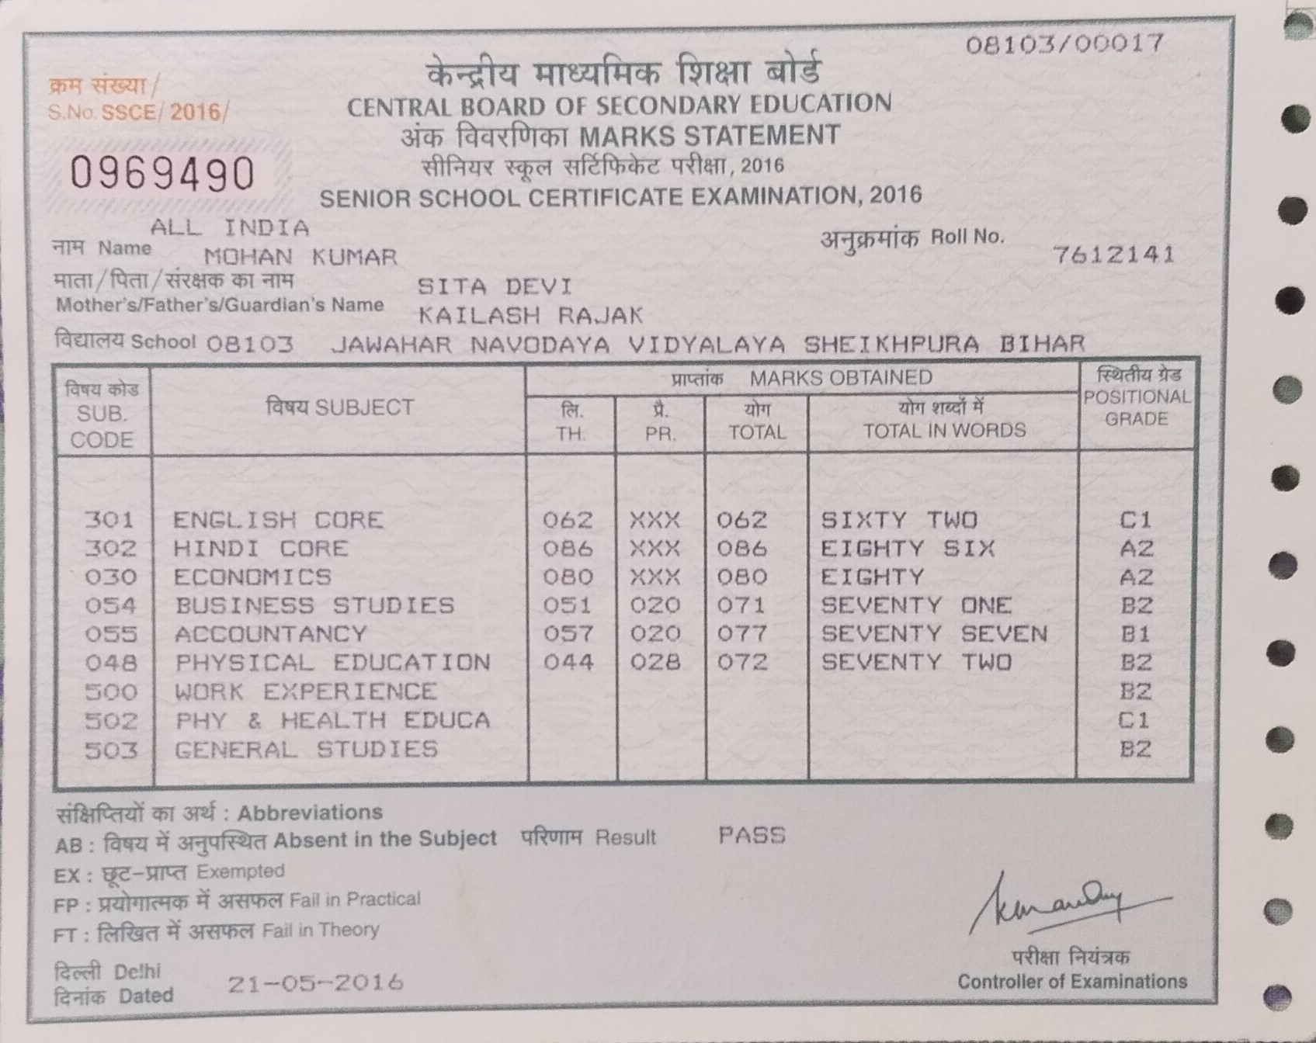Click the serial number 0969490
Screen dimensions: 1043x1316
[162, 173]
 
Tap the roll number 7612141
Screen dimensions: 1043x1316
[1113, 255]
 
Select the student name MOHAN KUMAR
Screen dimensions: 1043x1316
[300, 257]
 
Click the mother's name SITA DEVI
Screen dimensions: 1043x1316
[495, 286]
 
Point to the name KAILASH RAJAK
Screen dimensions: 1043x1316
[531, 315]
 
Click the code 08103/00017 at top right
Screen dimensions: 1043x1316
[1064, 43]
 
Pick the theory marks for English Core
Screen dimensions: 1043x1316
[568, 520]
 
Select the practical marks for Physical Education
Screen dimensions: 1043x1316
[655, 662]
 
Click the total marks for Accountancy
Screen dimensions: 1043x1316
[742, 634]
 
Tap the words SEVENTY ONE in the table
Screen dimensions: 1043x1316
[916, 605]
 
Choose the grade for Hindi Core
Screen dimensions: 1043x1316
[1136, 549]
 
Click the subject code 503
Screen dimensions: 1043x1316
[110, 750]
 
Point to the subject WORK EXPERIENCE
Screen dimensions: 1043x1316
[306, 691]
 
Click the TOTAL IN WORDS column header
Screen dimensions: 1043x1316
[944, 430]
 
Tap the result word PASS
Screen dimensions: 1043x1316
[752, 836]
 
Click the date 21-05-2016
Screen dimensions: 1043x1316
[315, 983]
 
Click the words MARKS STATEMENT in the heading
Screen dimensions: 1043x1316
[710, 136]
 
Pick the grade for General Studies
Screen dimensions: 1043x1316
[1136, 749]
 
